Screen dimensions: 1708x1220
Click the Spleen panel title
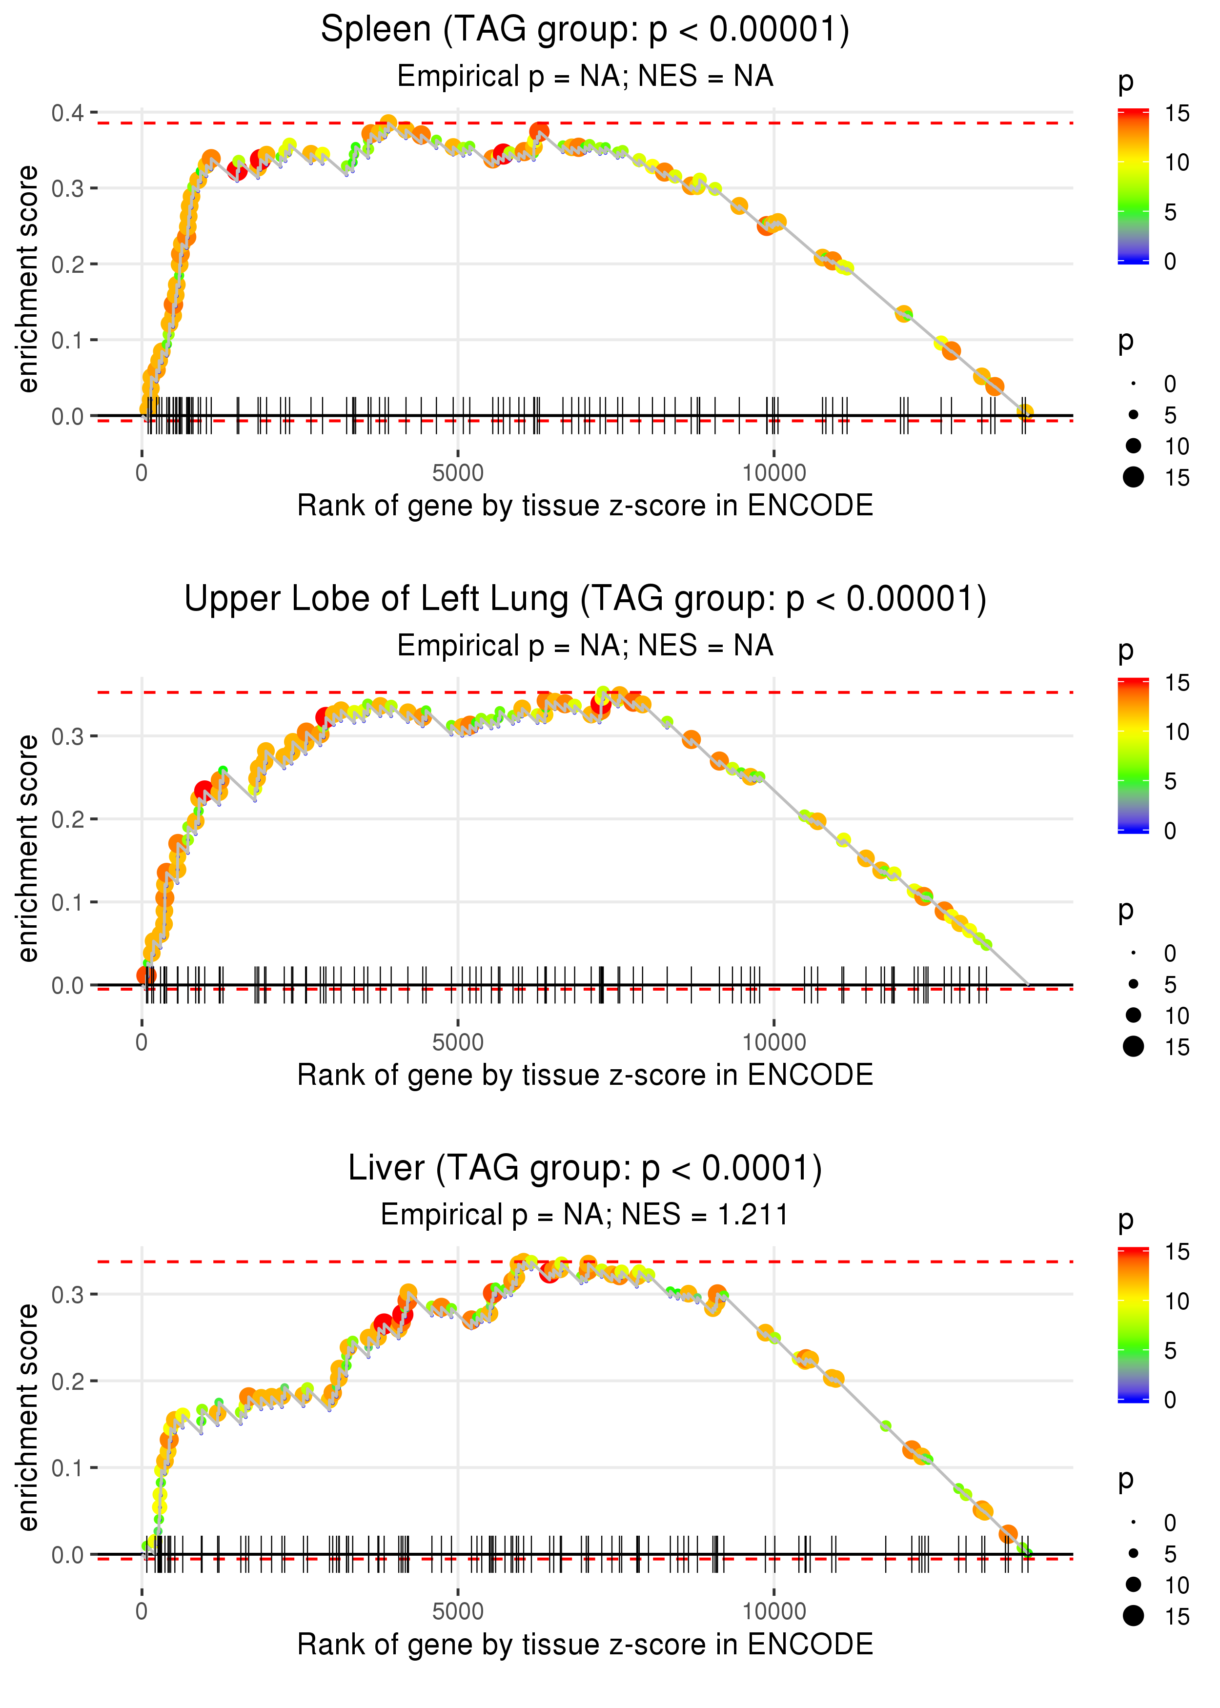pyautogui.click(x=585, y=30)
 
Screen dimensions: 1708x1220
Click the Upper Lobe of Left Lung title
pyautogui.click(x=585, y=599)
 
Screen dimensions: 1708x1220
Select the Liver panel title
pyautogui.click(x=585, y=1169)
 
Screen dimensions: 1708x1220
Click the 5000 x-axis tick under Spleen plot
pyautogui.click(x=458, y=473)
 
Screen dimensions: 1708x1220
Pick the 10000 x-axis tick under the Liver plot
pyautogui.click(x=774, y=1612)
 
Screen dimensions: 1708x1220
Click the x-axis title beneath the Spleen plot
pyautogui.click(x=585, y=506)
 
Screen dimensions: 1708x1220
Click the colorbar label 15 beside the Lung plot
pyautogui.click(x=1177, y=683)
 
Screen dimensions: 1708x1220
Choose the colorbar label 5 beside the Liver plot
pyautogui.click(x=1170, y=1350)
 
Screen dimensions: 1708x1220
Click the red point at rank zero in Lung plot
pyautogui.click(x=146, y=976)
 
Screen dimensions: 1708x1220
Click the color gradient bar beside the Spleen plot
pyautogui.click(x=1133, y=186)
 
